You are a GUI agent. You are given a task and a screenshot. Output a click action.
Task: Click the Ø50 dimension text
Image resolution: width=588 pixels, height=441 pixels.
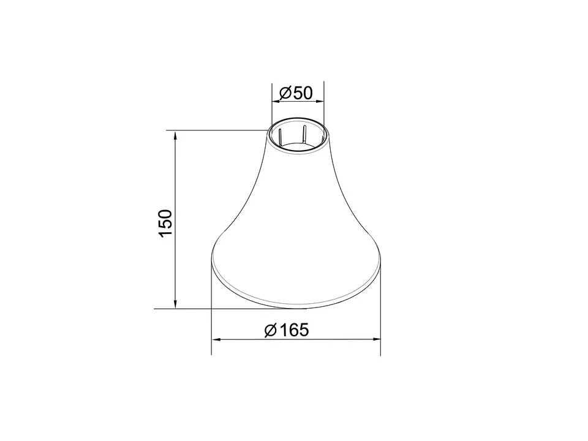[296, 93]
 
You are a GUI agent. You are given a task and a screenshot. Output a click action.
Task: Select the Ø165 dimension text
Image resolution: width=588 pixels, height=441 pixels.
[286, 330]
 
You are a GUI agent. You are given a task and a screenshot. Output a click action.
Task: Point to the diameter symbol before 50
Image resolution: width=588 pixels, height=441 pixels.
[285, 94]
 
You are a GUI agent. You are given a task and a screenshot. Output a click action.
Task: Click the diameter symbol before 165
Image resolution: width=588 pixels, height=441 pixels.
[271, 331]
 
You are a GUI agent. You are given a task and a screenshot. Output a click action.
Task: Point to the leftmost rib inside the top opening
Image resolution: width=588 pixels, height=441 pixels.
[279, 137]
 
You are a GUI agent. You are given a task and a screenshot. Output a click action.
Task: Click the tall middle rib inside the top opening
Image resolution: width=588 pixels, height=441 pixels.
[304, 134]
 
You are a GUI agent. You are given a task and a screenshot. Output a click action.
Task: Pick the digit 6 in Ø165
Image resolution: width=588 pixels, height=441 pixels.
[293, 330]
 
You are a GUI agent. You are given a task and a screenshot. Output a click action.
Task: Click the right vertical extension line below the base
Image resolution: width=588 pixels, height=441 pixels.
[380, 318]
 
